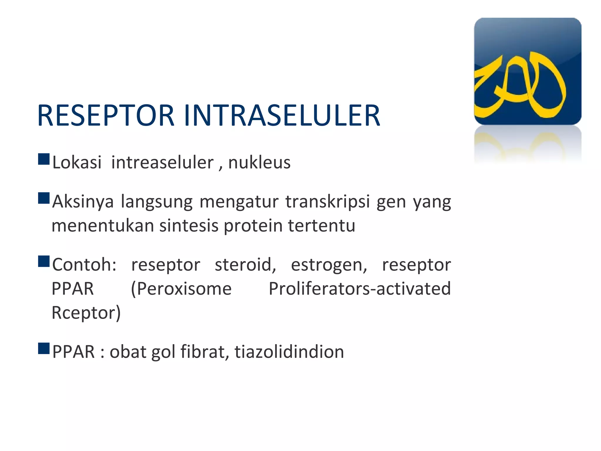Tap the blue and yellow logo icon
(x=527, y=71)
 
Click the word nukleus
(x=259, y=162)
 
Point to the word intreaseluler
(x=162, y=162)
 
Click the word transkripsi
(x=327, y=202)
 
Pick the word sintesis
(x=189, y=225)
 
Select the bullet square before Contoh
(x=44, y=261)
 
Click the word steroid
(x=245, y=265)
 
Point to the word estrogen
(x=329, y=265)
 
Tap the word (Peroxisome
(x=181, y=289)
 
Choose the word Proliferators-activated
(x=359, y=289)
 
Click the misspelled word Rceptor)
(x=86, y=313)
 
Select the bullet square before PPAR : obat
(x=44, y=348)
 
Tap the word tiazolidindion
(x=289, y=351)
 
